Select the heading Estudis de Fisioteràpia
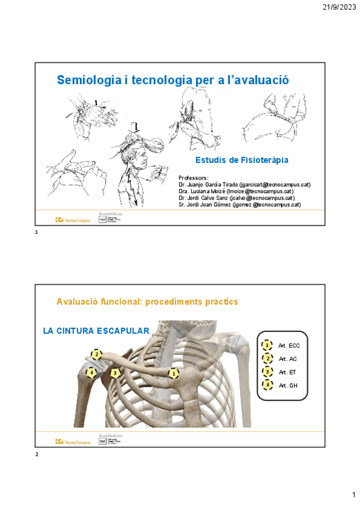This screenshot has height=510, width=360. click(x=242, y=161)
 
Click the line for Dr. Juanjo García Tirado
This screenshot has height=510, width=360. click(x=245, y=185)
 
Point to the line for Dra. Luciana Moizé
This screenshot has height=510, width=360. click(x=236, y=191)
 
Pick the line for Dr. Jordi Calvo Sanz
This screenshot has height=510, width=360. click(x=236, y=198)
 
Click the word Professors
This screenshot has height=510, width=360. click(x=194, y=178)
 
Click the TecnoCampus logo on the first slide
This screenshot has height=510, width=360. click(x=73, y=220)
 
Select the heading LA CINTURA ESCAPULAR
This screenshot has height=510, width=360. click(x=96, y=331)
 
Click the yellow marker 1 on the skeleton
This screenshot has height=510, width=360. click(x=174, y=373)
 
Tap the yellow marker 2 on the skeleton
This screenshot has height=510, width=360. click(x=96, y=355)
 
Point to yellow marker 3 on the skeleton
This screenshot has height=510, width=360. click(x=115, y=373)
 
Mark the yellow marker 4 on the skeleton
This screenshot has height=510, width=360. click(x=91, y=373)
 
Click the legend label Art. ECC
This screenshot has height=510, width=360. click(x=288, y=346)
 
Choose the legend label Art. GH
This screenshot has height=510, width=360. click(x=287, y=386)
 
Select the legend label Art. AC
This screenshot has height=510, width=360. click(x=287, y=359)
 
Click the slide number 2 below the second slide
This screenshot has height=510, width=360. click(x=37, y=455)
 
